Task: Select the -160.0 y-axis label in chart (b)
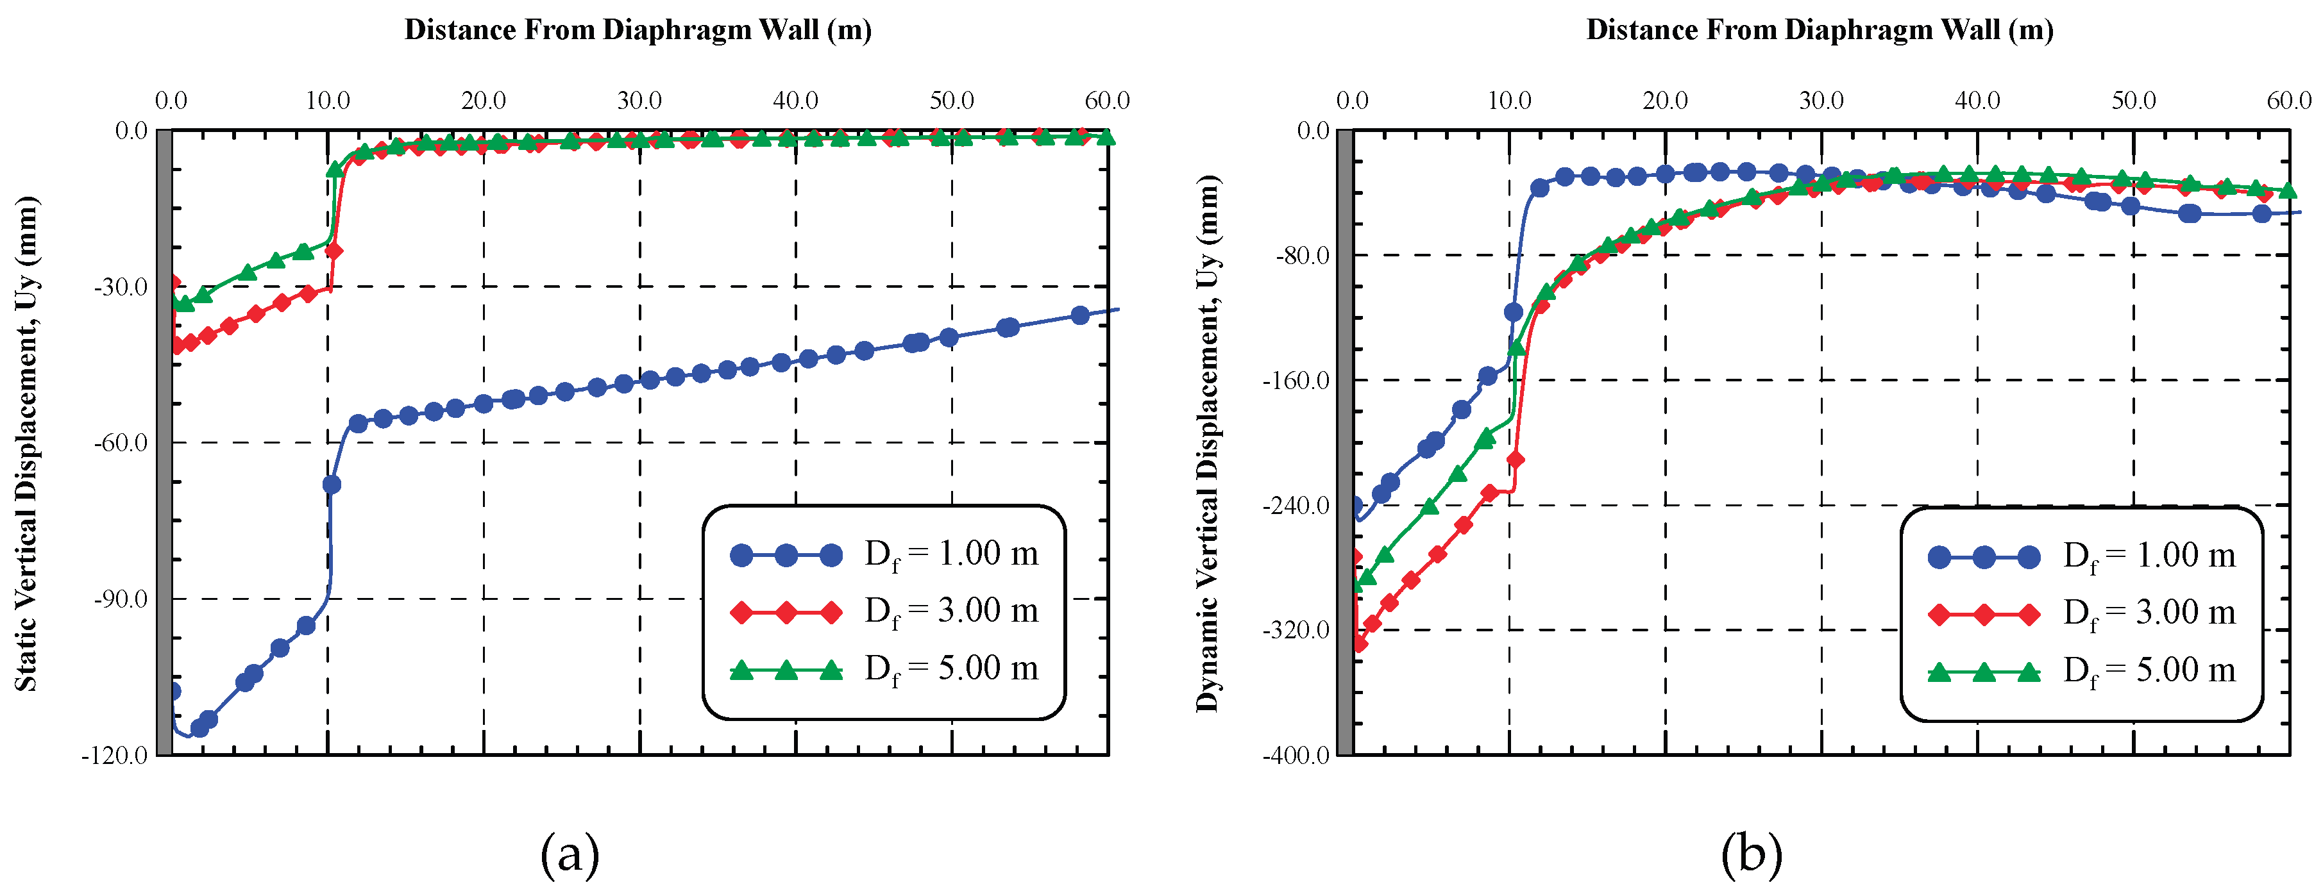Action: [1296, 381]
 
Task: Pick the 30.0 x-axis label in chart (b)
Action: [1821, 100]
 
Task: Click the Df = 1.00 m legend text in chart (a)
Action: [951, 554]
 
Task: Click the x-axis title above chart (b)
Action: [1820, 29]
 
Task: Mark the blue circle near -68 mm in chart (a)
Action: [332, 485]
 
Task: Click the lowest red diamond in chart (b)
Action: [1360, 643]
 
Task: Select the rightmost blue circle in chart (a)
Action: [1079, 315]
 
